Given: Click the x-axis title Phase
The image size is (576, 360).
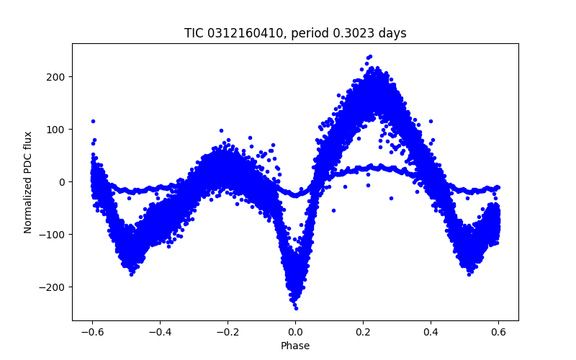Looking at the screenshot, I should pos(295,346).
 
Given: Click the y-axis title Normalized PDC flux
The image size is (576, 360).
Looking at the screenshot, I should pos(28,181).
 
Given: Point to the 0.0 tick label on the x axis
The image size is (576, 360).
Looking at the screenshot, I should pos(295,332).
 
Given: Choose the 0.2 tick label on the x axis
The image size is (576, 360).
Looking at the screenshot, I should pos(363,332).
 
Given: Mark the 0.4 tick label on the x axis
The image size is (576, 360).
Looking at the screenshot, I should pos(431,332).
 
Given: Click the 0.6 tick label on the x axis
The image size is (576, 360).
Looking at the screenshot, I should pos(498,332).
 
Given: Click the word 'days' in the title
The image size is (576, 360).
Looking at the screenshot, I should pos(392,33).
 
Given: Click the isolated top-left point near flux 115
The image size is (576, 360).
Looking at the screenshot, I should pos(93,121).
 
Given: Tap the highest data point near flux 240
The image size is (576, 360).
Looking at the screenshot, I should pos(370,56).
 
